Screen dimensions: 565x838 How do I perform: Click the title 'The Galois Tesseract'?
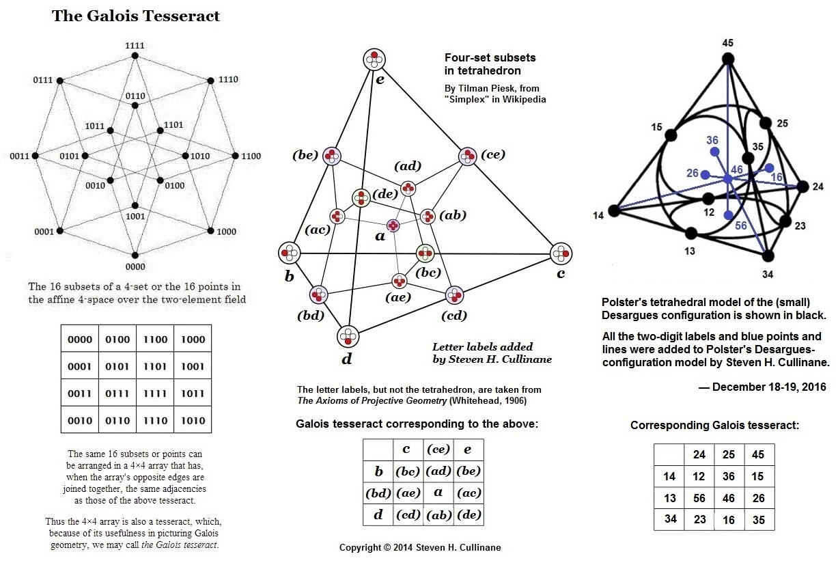(136, 16)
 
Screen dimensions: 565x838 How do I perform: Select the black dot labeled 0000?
(135, 256)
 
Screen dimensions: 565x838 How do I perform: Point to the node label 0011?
(18, 156)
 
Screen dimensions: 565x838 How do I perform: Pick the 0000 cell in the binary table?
(79, 340)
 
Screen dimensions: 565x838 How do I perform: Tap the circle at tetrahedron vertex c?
(561, 253)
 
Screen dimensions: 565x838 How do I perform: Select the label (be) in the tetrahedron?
(305, 155)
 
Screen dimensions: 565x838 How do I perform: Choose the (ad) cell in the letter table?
(438, 471)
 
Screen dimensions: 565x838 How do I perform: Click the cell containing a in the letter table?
(438, 493)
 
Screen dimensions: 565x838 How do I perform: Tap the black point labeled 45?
(728, 59)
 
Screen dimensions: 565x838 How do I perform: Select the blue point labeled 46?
(728, 179)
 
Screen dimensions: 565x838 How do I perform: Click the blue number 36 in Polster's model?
(712, 139)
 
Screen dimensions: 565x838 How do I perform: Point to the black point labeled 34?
(768, 256)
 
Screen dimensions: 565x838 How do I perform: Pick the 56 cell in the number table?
(699, 499)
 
